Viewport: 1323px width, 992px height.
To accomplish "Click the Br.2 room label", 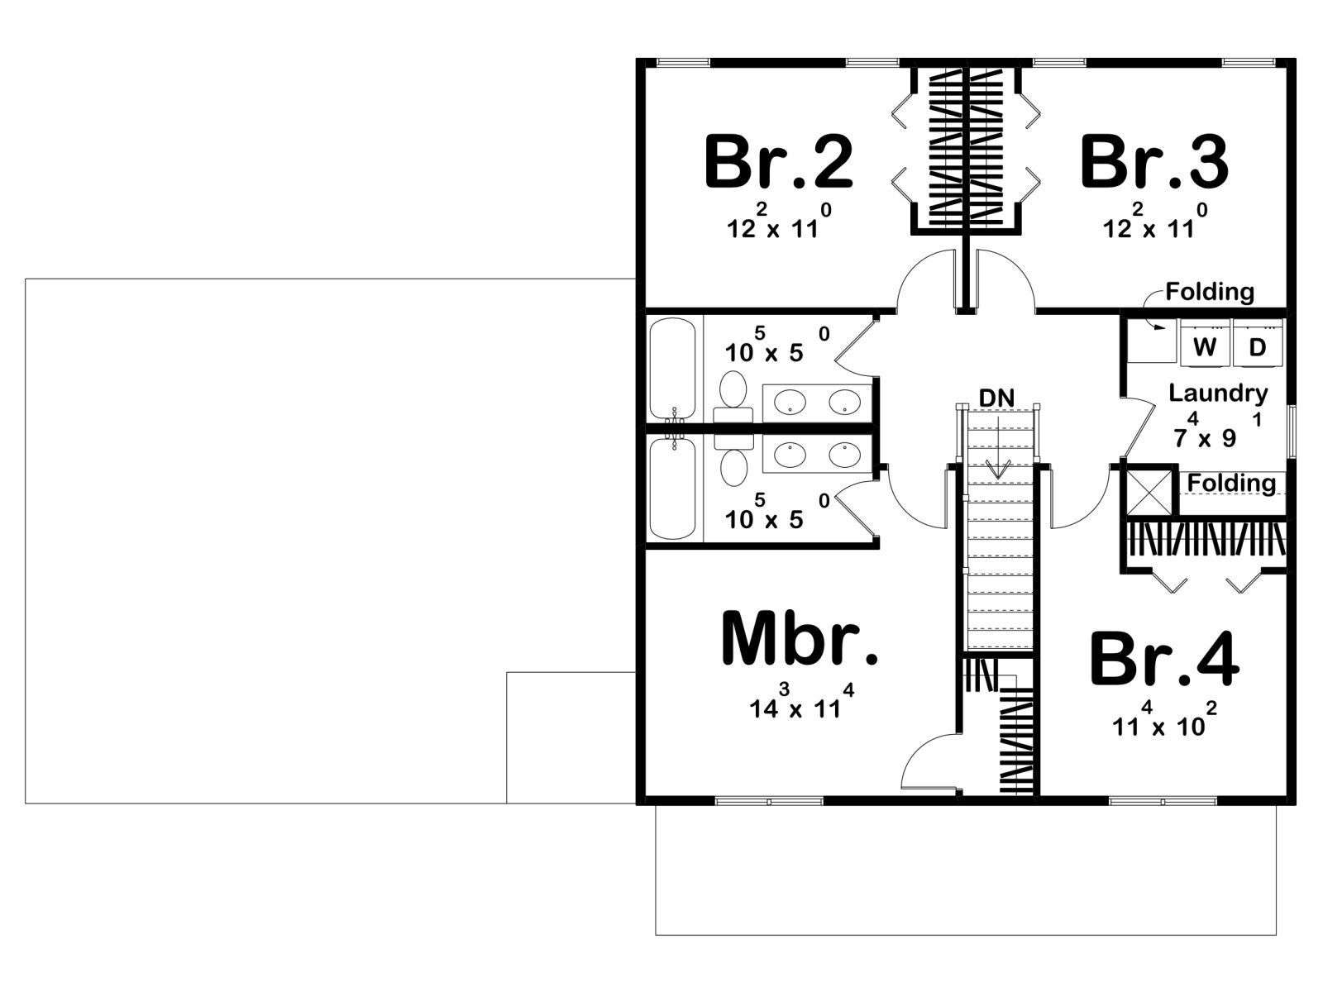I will pyautogui.click(x=778, y=163).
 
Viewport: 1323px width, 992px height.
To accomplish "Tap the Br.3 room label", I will pyautogui.click(x=1154, y=163).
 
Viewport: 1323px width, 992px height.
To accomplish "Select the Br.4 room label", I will pyautogui.click(x=1164, y=660).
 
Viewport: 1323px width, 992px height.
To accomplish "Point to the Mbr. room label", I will pyautogui.click(x=800, y=639).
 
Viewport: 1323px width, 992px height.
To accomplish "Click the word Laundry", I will pyautogui.click(x=1217, y=393).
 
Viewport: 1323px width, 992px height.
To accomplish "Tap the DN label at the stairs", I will pyautogui.click(x=996, y=398).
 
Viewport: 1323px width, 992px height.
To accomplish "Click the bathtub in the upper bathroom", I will pyautogui.click(x=673, y=368).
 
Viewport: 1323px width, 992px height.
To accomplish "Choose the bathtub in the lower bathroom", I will pyautogui.click(x=673, y=489).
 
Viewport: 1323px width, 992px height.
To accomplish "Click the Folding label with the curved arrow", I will pyautogui.click(x=1209, y=292).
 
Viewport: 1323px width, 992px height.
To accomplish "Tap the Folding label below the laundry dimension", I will pyautogui.click(x=1231, y=483).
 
